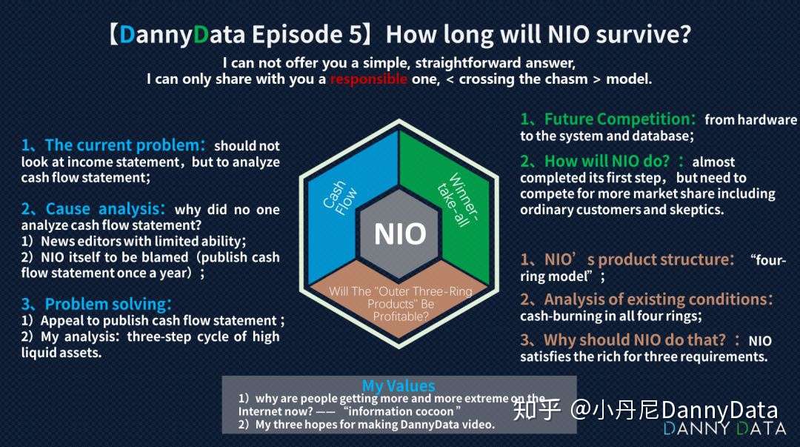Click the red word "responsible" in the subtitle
pyautogui.click(x=368, y=79)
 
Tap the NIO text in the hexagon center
pyautogui.click(x=400, y=234)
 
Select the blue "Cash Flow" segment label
pyautogui.click(x=340, y=197)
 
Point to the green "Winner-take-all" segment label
pyautogui.click(x=459, y=199)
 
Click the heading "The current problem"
pyautogui.click(x=124, y=145)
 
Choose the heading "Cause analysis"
pyautogui.click(x=105, y=209)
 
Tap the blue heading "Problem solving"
pyautogui.click(x=108, y=304)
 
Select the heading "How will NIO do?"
pyautogui.click(x=607, y=161)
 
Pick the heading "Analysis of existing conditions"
pyautogui.click(x=658, y=299)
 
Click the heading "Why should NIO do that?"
pyautogui.click(x=634, y=340)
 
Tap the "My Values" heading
pyautogui.click(x=399, y=385)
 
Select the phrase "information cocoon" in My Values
pyautogui.click(x=400, y=411)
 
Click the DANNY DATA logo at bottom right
pyautogui.click(x=724, y=428)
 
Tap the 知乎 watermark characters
pyautogui.click(x=537, y=410)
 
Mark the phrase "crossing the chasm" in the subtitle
pyautogui.click(x=523, y=79)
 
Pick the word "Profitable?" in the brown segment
pyautogui.click(x=401, y=317)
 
